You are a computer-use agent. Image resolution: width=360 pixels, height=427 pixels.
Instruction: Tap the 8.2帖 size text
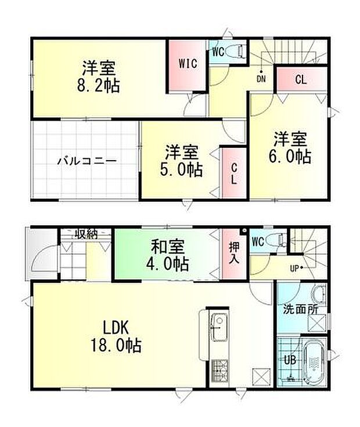98,86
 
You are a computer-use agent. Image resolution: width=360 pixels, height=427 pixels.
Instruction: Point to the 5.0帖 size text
182,170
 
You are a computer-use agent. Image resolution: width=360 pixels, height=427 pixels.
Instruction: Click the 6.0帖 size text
291,157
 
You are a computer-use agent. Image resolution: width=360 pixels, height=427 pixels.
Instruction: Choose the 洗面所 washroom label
301,309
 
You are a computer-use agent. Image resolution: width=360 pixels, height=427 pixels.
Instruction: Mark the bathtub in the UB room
315,363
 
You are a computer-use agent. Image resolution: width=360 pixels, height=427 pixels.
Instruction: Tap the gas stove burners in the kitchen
219,371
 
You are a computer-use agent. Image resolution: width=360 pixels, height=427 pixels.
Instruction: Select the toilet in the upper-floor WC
236,51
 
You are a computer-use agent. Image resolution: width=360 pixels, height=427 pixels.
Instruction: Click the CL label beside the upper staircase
301,80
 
